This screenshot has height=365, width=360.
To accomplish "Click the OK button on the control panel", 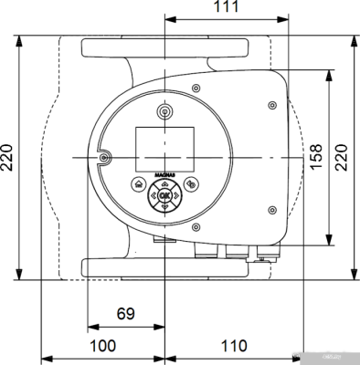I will tap(164, 195).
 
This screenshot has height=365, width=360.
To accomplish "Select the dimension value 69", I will tap(126, 314).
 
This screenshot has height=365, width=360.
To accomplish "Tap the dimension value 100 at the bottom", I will tap(104, 347).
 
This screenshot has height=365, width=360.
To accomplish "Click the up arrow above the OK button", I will tap(164, 183).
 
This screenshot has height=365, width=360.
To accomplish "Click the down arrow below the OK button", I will tap(164, 207).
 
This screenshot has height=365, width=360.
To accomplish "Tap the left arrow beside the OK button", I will tap(153, 195).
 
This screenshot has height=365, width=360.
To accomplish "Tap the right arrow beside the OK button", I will tap(176, 195).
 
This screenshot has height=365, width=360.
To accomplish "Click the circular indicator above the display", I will tap(164, 111).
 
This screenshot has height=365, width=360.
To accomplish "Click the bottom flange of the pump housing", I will tap(164, 267).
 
